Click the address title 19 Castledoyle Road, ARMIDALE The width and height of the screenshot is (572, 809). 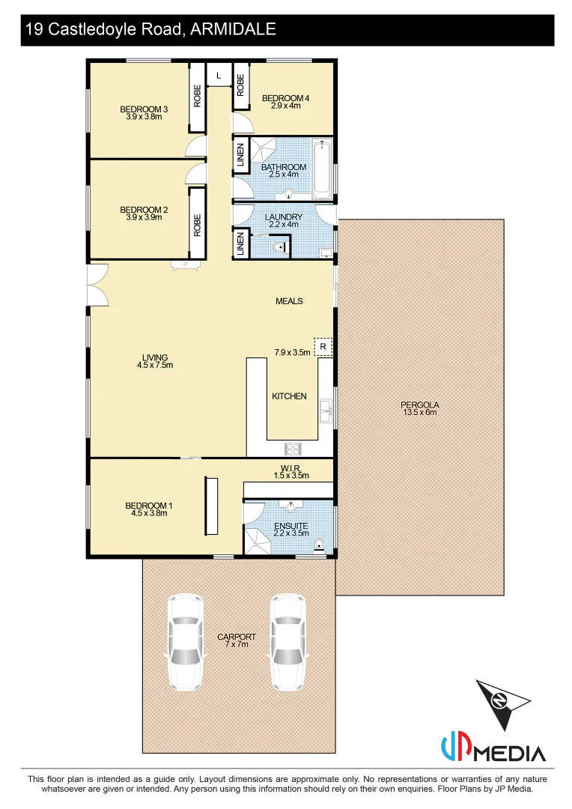coord(150,30)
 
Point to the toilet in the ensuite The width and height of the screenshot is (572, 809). coord(320,545)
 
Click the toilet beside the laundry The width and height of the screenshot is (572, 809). coord(279,246)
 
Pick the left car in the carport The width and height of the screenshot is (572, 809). coord(184,642)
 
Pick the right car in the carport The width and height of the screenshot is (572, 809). coord(287,642)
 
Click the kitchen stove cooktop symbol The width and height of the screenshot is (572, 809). coord(293,449)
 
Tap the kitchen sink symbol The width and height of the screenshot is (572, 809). coord(326,410)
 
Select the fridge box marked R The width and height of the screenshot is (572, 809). coord(323,347)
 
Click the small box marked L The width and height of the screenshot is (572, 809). coord(219,76)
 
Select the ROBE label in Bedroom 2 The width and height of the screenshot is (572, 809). coord(198,225)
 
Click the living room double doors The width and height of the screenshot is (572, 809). coord(99,285)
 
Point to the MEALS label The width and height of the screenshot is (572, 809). coord(289,301)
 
